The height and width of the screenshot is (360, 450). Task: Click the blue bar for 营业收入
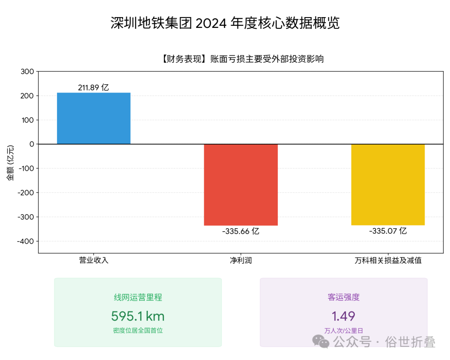pyautogui.click(x=94, y=118)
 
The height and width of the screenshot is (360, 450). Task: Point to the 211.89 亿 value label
pyautogui.click(x=93, y=87)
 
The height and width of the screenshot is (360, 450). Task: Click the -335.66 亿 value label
pyautogui.click(x=240, y=231)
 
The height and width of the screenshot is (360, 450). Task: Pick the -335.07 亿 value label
pyautogui.click(x=387, y=231)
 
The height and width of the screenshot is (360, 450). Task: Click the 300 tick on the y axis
pyautogui.click(x=27, y=72)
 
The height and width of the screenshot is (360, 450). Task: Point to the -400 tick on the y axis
pyautogui.click(x=25, y=241)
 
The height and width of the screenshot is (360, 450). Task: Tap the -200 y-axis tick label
pyautogui.click(x=25, y=193)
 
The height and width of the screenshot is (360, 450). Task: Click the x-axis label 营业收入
pyautogui.click(x=94, y=260)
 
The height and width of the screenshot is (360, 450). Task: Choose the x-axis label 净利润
pyautogui.click(x=241, y=260)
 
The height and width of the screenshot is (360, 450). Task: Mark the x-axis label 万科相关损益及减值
pyautogui.click(x=388, y=260)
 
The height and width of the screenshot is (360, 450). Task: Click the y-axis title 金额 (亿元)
pyautogui.click(x=10, y=162)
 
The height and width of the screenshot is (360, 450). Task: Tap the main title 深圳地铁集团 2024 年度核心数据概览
pyautogui.click(x=225, y=23)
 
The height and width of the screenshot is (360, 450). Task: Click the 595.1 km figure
pyautogui.click(x=138, y=316)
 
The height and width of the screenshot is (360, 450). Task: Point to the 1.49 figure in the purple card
pyautogui.click(x=343, y=316)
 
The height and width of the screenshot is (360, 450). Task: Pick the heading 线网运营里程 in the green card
pyautogui.click(x=138, y=297)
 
